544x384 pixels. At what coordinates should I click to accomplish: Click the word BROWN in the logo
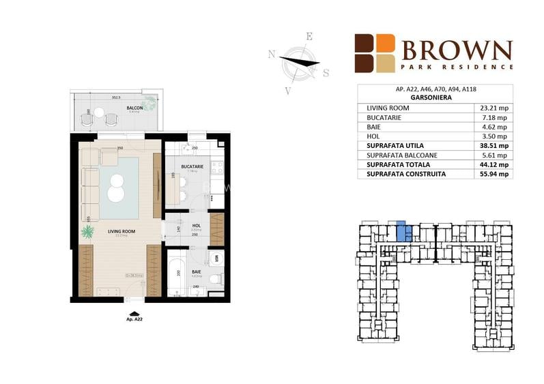pos(456,50)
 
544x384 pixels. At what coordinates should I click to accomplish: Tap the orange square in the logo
pos(386,43)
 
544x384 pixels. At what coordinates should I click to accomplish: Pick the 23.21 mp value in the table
pos(493,108)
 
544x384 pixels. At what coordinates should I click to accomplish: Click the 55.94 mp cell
pos(493,174)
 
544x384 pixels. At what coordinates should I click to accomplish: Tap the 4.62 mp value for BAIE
pos(493,127)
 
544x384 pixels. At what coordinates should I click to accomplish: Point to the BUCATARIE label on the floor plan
pos(190,166)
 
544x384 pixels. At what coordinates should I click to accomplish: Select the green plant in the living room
pos(87,232)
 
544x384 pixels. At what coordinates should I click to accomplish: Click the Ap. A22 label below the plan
pos(134,319)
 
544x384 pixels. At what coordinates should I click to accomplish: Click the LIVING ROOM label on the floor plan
pos(120,232)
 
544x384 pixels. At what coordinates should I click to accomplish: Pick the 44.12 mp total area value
pos(493,164)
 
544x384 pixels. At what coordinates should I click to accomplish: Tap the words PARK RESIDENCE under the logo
pos(456,67)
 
